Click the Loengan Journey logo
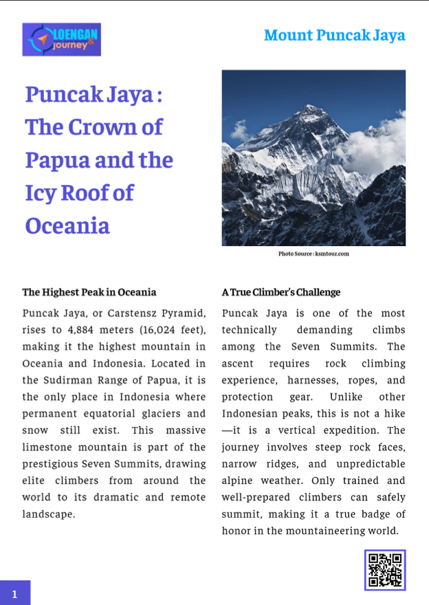pos(61,39)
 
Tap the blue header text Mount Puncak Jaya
pos(334,36)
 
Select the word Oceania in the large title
pos(67,225)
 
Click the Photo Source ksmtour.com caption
pos(313,254)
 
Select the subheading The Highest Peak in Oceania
pos(89,292)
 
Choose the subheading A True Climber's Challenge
pos(280,292)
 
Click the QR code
pos(385,570)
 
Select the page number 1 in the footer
pos(14,593)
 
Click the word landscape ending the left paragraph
pos(48,514)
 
